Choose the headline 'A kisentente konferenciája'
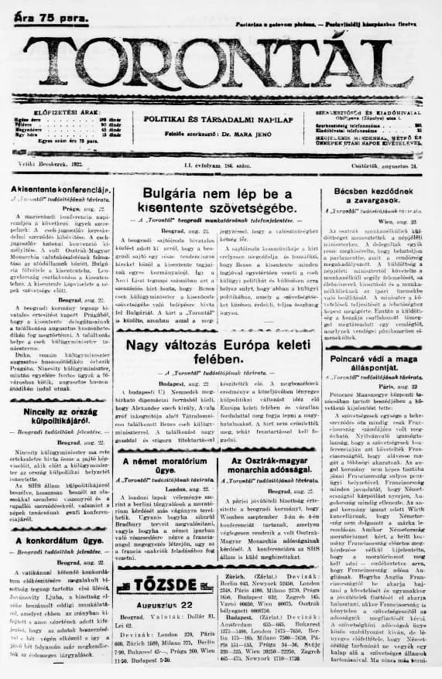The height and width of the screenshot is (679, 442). pos(62,189)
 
